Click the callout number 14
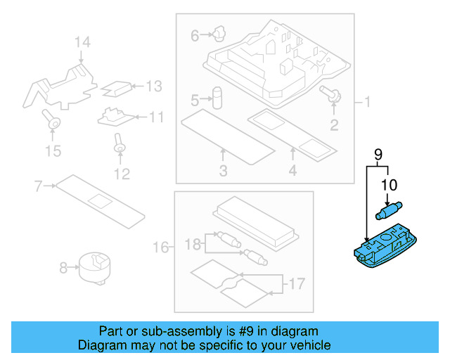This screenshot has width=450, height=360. [x=83, y=43]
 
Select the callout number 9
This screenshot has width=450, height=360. [x=377, y=153]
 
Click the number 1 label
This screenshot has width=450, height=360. [x=366, y=103]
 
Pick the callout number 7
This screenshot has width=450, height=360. [x=39, y=186]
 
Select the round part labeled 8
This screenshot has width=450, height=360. [x=94, y=266]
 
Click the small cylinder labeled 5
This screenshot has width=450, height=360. [x=217, y=98]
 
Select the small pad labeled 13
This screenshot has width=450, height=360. [x=117, y=87]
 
